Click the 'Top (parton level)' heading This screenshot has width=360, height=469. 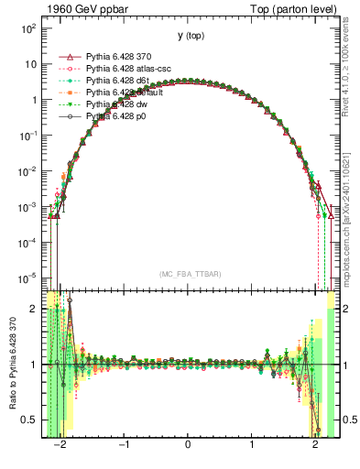click(x=294, y=8)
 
